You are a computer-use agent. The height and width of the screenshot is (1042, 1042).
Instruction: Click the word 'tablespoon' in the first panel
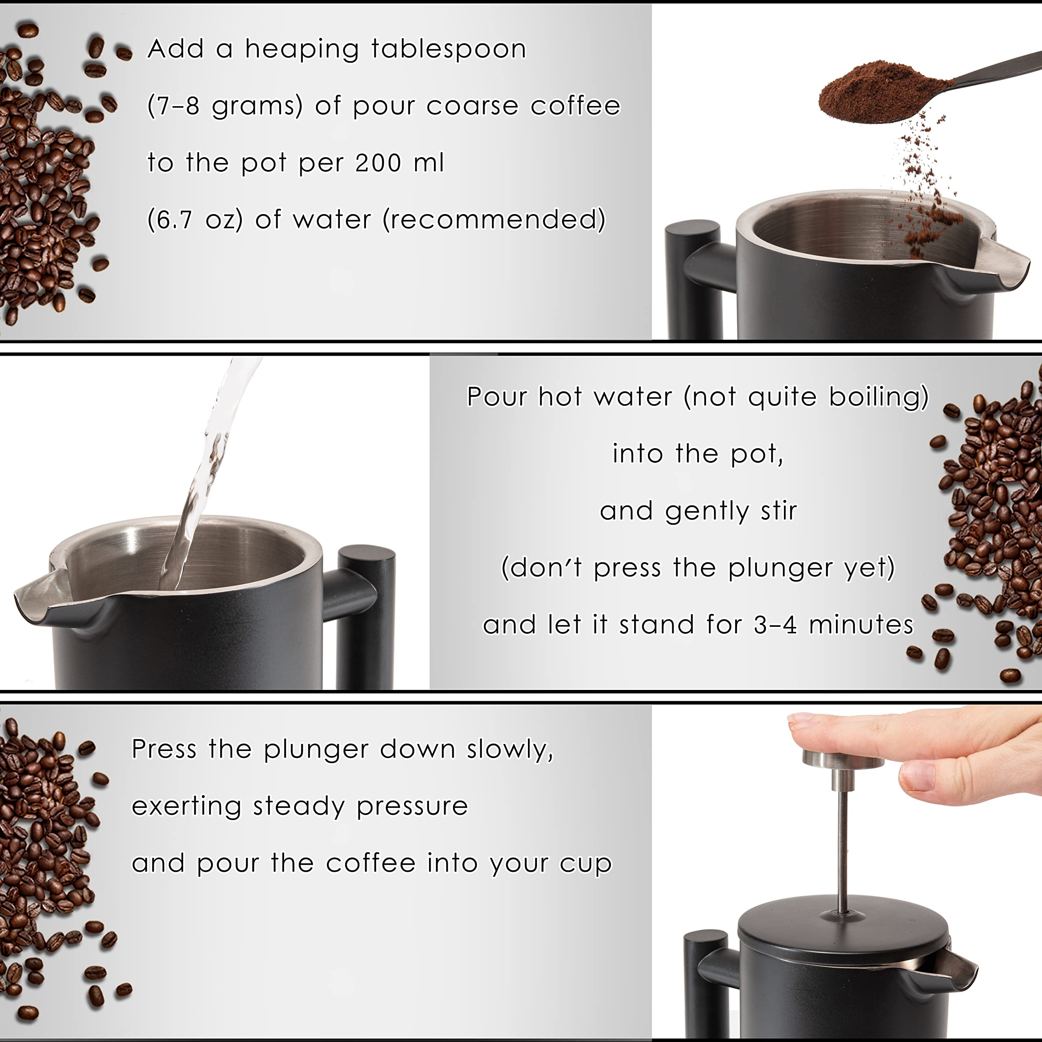tap(448, 50)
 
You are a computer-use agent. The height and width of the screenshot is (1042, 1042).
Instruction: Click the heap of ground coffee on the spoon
tap(884, 89)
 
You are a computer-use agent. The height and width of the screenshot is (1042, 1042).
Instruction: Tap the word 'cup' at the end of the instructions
tap(586, 863)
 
